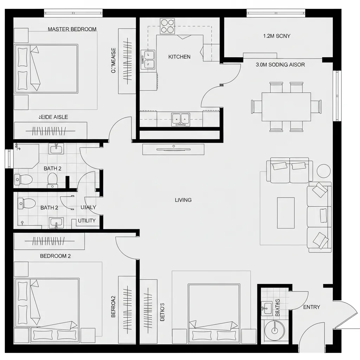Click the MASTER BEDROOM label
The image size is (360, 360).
click(72, 29)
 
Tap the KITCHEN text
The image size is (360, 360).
click(179, 57)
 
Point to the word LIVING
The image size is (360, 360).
click(183, 200)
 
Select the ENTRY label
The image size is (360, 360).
click(311, 307)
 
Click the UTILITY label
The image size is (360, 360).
click(86, 220)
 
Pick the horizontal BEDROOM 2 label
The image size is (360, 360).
click(55, 256)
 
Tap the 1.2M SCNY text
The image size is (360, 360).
click(277, 36)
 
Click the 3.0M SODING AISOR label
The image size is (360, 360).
click(280, 65)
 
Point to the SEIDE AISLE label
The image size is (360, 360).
click(53, 117)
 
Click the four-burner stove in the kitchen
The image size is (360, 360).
click(167, 26)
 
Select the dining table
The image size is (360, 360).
click(286, 107)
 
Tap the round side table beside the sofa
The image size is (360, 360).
click(323, 171)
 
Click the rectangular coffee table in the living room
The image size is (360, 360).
click(285, 213)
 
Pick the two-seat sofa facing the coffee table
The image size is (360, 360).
click(290, 171)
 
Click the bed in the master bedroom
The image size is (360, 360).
click(46, 69)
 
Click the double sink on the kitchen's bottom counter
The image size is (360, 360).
click(180, 119)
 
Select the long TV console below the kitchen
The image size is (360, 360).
click(173, 149)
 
